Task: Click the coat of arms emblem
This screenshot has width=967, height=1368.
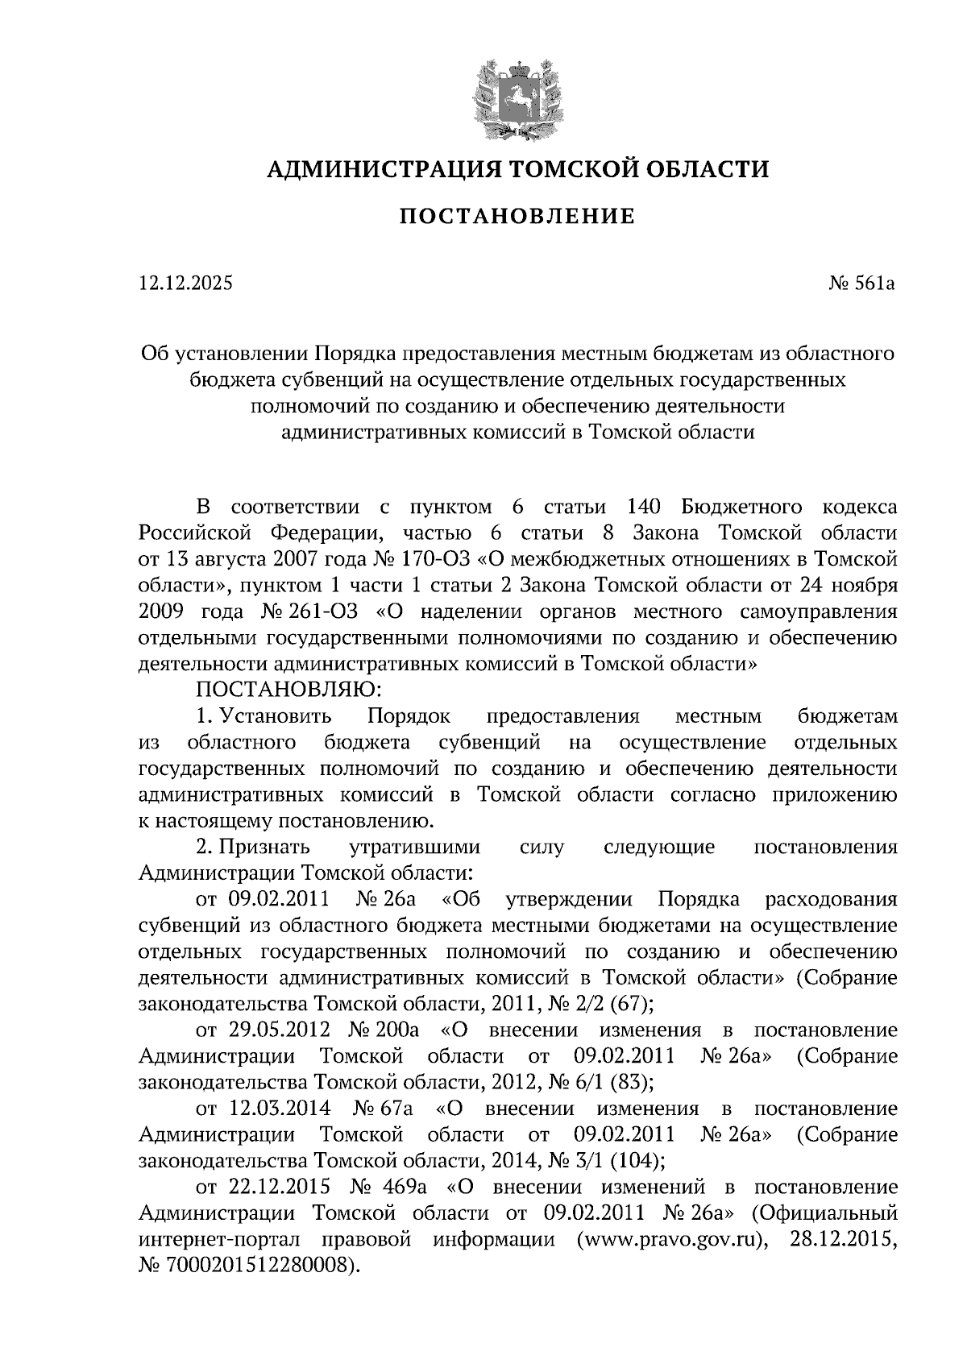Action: point(517,97)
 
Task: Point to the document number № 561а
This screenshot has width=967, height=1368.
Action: point(861,283)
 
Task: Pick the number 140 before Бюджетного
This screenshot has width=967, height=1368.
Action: point(642,507)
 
